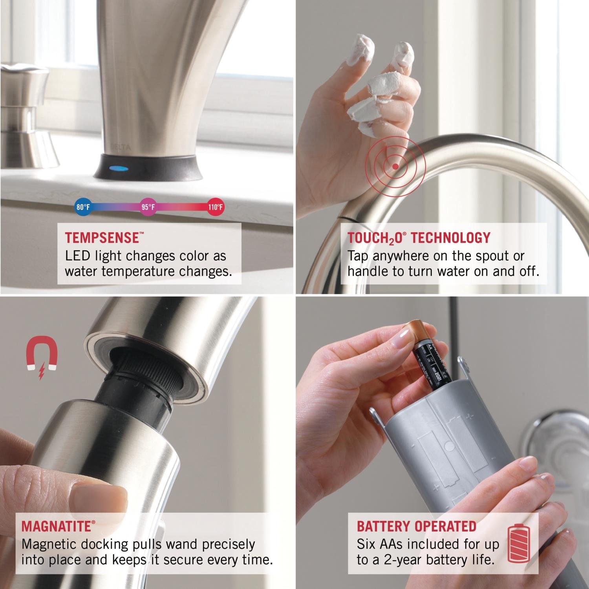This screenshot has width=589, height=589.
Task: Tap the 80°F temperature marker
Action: point(83,207)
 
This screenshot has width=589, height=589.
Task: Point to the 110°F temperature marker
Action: point(215,207)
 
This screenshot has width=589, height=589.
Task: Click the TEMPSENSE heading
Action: point(102,238)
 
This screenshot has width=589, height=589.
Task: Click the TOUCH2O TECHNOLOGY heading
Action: point(419,238)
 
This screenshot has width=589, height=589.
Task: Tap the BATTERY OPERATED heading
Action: point(416,526)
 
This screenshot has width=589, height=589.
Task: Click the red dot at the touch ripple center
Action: point(395,166)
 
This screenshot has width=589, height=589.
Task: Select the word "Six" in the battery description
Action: point(367,545)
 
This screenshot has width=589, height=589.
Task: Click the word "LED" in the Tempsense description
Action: point(78,256)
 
